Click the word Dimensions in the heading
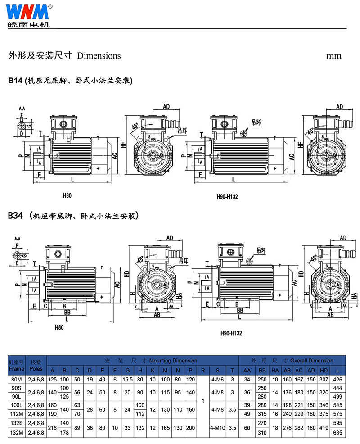pos(99,55)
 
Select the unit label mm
pos(334,55)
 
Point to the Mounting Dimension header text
pos(173,361)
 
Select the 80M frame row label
pos(17,380)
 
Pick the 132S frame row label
pos(17,423)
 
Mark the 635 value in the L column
pos(337,432)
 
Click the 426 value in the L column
pos(337,380)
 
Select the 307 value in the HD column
pos(323,380)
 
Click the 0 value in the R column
pos(203,401)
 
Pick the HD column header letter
pos(323,370)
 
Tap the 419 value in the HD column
pos(323,428)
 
